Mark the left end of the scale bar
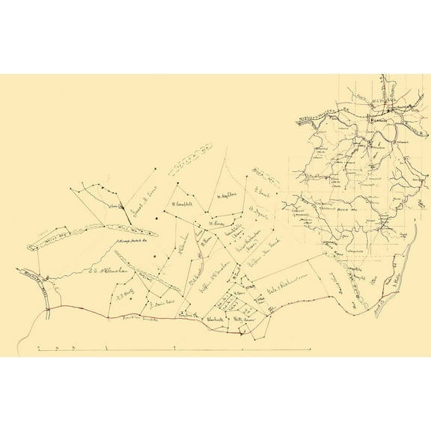38,349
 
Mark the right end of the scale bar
310,349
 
